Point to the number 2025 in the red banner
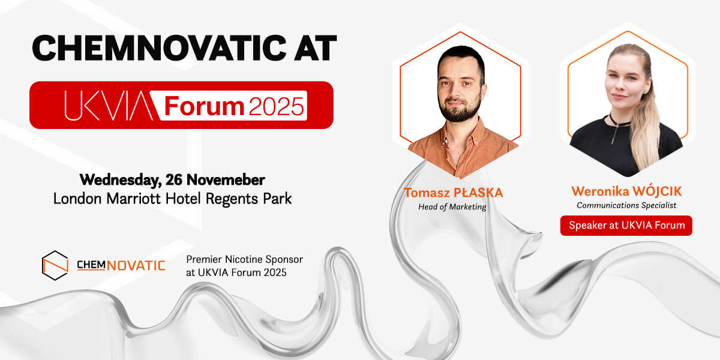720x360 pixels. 277,106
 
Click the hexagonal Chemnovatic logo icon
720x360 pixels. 55,265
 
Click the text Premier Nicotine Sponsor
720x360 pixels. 245,260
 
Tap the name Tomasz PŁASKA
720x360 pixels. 453,193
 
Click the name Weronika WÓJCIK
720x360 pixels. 626,191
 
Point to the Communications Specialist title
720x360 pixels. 626,205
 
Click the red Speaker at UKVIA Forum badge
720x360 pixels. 626,226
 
